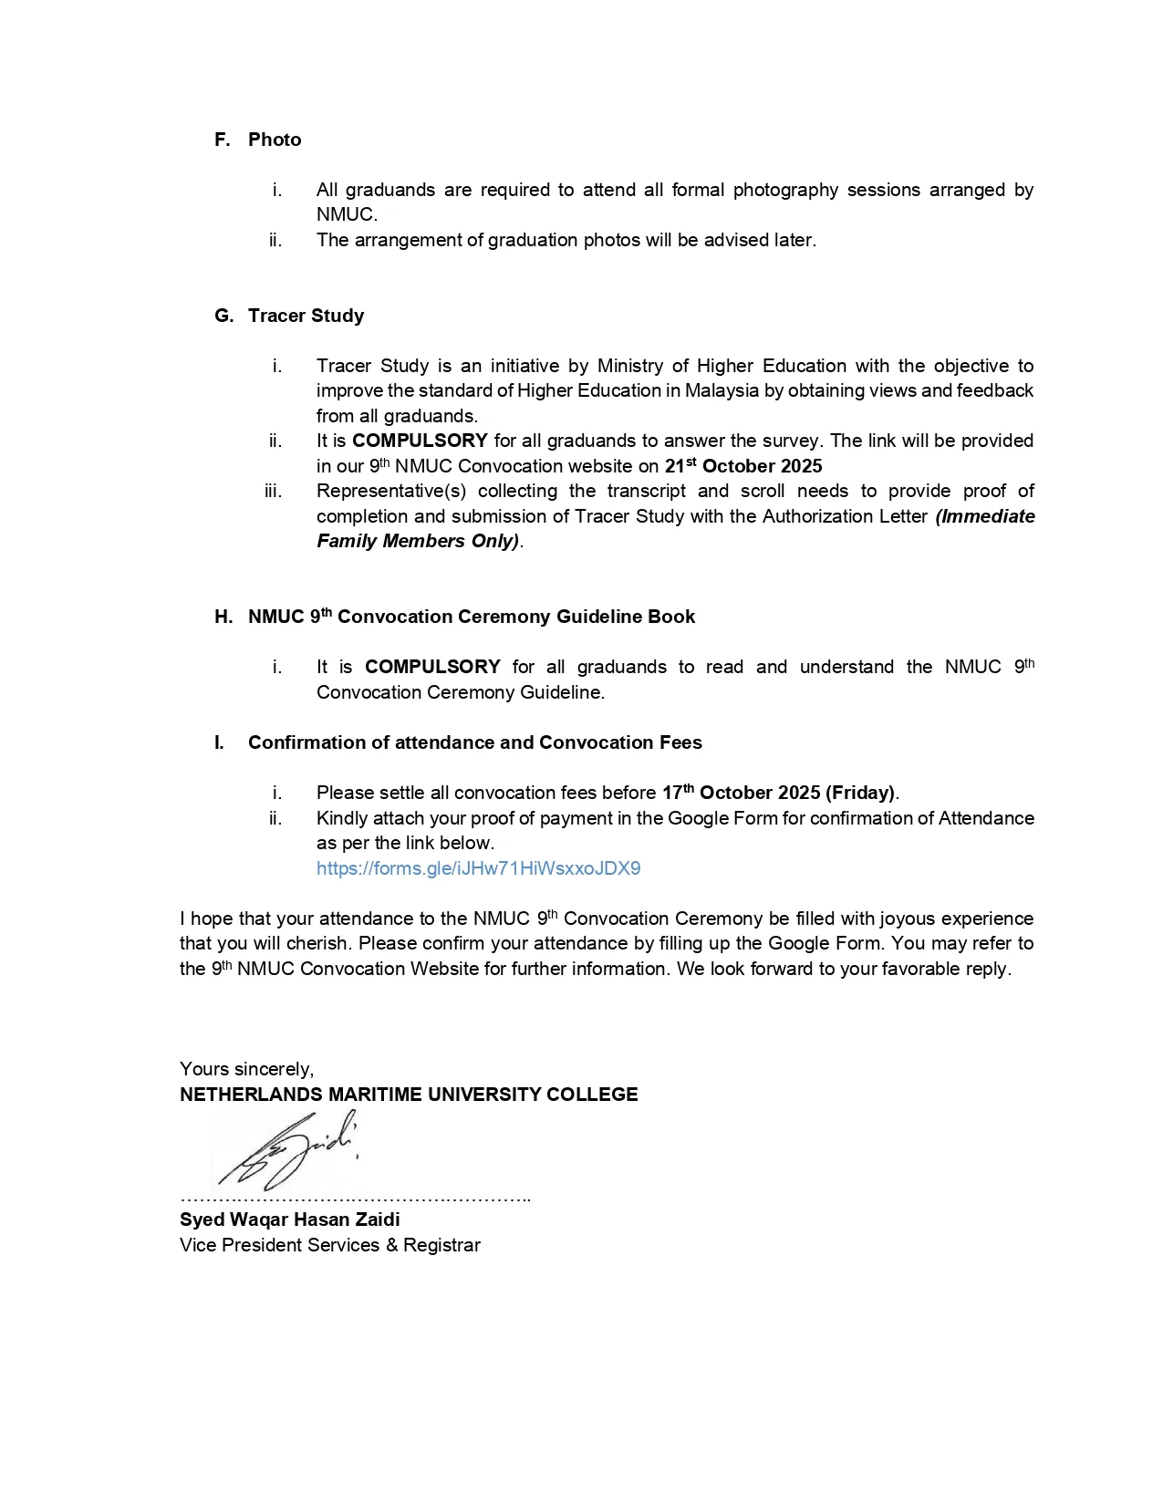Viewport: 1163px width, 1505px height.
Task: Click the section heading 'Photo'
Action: point(275,140)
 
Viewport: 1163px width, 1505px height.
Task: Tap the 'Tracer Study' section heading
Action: point(306,316)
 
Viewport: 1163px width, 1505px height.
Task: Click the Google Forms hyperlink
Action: point(478,868)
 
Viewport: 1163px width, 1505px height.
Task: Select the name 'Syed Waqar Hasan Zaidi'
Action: point(290,1220)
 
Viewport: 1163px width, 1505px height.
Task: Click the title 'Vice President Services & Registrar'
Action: point(330,1245)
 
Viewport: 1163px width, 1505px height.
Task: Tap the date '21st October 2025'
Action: point(743,466)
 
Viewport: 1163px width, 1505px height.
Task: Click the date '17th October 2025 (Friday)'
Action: point(779,793)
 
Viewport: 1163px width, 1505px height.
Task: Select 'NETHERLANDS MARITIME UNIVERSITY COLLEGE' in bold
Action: point(409,1095)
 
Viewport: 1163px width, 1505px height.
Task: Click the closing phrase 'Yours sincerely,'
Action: point(246,1069)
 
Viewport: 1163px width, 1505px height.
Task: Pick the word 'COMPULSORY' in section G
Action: point(420,441)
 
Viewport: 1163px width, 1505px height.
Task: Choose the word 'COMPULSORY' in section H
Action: point(432,667)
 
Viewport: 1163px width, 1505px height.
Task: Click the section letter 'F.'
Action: point(223,140)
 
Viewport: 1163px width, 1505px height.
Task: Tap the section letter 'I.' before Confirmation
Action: point(219,742)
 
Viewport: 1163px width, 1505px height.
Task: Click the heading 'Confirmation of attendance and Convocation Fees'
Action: point(475,742)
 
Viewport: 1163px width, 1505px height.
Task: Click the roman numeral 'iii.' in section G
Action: point(273,491)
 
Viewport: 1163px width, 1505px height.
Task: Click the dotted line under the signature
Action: point(356,1198)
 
